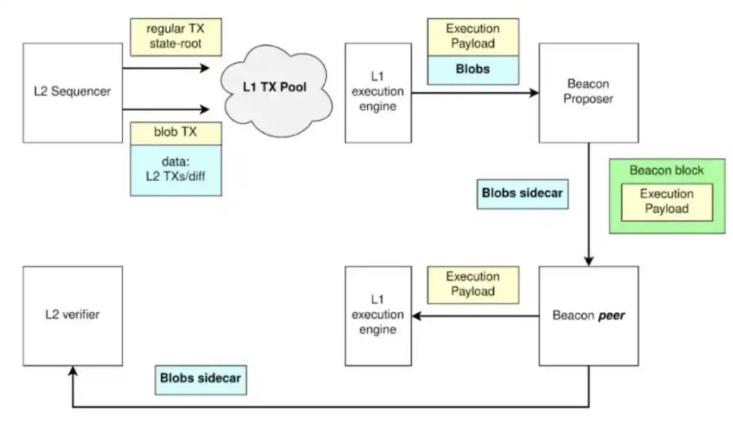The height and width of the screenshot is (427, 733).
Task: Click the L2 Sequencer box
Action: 72,92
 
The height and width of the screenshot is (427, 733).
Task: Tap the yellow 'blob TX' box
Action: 176,133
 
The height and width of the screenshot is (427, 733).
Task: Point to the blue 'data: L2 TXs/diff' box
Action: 176,170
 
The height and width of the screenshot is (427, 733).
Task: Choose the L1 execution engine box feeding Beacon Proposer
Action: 377,93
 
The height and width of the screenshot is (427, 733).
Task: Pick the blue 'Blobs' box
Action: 472,70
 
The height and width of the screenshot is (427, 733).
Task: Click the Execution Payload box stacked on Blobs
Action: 472,37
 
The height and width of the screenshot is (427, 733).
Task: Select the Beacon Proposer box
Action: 588,93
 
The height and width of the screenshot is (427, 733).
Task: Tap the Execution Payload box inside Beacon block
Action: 666,201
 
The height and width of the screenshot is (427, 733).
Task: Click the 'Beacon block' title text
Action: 666,171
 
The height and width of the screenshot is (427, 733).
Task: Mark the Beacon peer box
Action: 588,316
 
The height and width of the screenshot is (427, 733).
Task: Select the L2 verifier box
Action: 72,315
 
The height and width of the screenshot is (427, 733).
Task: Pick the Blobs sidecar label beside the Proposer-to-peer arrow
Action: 522,194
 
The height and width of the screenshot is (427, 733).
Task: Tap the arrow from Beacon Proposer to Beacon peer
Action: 589,207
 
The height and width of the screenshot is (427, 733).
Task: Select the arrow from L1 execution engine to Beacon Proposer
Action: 475,93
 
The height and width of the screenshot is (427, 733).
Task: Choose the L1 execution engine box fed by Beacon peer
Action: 377,315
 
